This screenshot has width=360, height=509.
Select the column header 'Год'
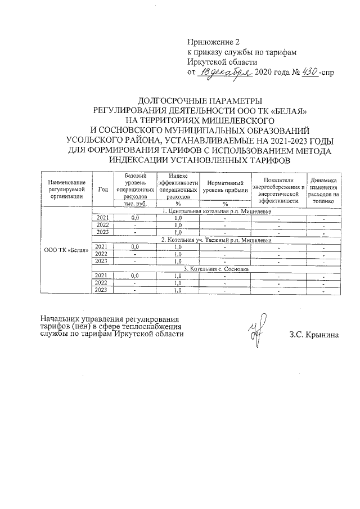coord(102,189)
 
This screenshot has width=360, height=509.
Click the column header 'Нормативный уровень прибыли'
coord(225,189)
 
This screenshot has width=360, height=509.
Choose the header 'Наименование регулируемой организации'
coord(66,189)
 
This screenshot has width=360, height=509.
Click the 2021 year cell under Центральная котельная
coord(102,218)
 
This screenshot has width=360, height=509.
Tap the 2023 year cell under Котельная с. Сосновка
coord(102,290)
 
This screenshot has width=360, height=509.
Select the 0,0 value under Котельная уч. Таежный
coord(135,247)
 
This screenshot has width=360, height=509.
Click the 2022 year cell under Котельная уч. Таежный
coord(102,254)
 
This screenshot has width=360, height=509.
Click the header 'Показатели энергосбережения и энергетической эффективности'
coord(278,189)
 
